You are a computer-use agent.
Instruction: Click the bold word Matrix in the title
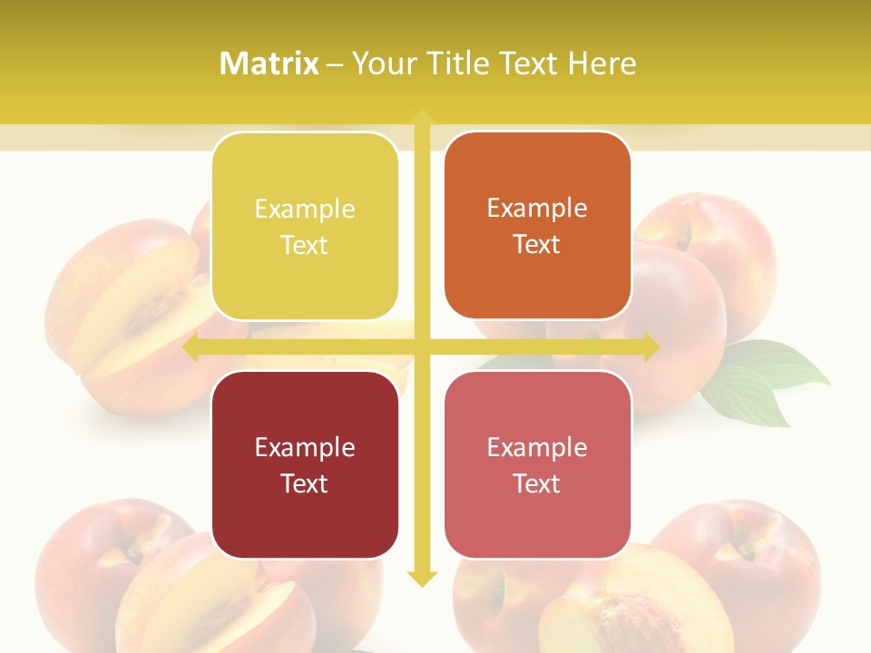(269, 63)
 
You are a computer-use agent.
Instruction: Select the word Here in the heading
(602, 63)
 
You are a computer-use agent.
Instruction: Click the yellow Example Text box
(305, 227)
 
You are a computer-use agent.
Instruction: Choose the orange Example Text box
(537, 226)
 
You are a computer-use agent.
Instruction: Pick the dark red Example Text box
(305, 464)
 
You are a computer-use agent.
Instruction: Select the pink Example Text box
(537, 464)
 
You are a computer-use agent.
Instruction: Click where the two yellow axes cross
(421, 347)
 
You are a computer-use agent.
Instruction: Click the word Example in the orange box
(537, 209)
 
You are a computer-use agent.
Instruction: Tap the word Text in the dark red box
(304, 483)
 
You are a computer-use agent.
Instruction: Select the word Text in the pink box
(536, 483)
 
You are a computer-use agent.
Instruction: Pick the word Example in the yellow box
(305, 210)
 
